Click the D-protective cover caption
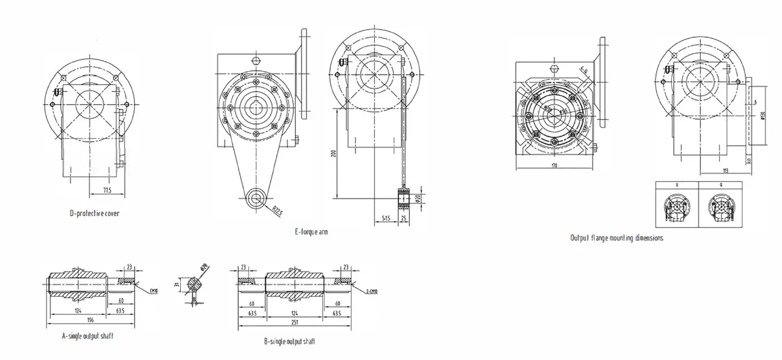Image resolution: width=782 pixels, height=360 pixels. (x=94, y=213)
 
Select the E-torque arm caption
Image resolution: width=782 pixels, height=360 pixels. (x=311, y=232)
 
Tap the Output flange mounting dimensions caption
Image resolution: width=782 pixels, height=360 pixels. (x=616, y=238)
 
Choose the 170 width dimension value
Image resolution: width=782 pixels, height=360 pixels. (x=554, y=166)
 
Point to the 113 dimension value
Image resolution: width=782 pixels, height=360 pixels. (x=725, y=171)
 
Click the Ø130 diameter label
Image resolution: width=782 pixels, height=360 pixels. (x=763, y=116)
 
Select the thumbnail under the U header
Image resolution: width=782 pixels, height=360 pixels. (x=677, y=207)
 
